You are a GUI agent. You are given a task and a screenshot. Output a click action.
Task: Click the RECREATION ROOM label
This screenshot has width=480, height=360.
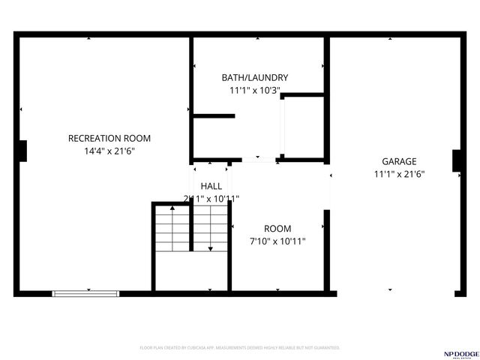tap(109, 138)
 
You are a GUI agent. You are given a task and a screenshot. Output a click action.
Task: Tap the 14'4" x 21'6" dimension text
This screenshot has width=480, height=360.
tap(109, 151)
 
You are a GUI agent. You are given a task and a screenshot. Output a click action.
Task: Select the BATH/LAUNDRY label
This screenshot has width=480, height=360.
tap(255, 77)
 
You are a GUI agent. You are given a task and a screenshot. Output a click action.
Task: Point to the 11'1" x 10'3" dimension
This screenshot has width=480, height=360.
tap(255, 90)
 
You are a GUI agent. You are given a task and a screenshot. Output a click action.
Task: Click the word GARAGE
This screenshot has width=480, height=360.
tap(399, 161)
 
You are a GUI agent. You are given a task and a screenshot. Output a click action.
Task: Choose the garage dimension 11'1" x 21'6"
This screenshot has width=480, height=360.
tap(399, 174)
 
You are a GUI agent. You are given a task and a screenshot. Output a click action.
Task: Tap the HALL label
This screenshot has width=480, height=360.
tap(211, 186)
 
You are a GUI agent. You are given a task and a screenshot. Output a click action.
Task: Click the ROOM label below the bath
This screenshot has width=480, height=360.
tap(277, 229)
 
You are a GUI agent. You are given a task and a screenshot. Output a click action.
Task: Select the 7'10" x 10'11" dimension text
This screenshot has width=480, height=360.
tap(277, 241)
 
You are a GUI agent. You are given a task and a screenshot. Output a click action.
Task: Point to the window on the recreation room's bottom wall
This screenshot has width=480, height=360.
tap(85, 292)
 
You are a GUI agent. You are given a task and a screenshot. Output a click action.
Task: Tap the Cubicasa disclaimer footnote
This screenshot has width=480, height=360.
tap(240, 348)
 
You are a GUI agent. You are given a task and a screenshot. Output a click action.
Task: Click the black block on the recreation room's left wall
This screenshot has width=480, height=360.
tap(22, 151)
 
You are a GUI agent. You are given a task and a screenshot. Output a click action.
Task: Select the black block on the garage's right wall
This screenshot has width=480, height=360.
tap(456, 160)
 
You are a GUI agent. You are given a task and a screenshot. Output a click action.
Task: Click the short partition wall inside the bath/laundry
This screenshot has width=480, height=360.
tap(214, 115)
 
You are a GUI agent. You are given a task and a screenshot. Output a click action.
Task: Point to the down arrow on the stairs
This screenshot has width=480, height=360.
tap(211, 247)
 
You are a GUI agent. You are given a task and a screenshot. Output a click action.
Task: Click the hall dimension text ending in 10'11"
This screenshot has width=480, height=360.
tap(211, 199)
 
